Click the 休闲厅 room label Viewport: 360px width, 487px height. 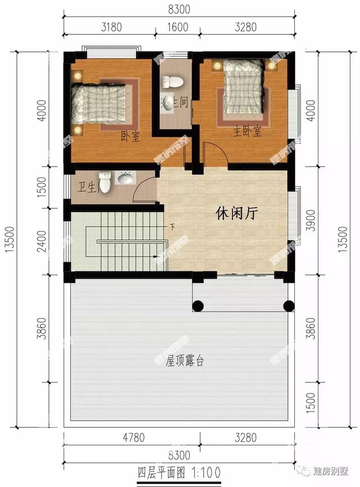click(237, 213)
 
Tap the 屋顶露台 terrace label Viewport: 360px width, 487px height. click(184, 361)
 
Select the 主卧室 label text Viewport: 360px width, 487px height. click(247, 132)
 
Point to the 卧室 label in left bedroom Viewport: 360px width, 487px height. click(130, 136)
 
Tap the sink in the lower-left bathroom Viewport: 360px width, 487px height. click(126, 178)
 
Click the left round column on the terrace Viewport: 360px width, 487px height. click(198, 306)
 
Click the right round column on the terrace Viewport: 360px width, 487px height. click(289, 306)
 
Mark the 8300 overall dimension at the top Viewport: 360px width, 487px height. click(179, 9)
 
